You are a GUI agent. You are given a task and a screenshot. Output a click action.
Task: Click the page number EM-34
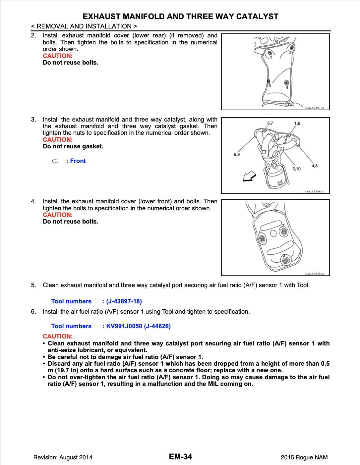[x=180, y=457]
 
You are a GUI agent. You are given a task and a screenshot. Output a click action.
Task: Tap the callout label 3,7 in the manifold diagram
[x=270, y=123]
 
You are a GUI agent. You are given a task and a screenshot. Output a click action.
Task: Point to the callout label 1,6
[x=297, y=123]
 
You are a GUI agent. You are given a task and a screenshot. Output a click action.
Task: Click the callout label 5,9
[x=237, y=154]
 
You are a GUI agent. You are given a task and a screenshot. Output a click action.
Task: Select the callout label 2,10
[x=296, y=169]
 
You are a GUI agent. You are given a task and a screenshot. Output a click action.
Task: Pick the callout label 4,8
[x=315, y=166]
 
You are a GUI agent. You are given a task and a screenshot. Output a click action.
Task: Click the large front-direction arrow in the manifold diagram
[x=249, y=177]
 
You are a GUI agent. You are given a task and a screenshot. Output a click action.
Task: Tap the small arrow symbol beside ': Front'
[x=55, y=161]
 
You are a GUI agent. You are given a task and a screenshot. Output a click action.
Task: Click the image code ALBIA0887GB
[x=314, y=108]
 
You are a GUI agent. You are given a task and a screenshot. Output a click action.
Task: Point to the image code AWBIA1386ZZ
[x=314, y=191]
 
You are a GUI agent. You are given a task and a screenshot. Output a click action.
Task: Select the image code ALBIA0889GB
[x=314, y=274]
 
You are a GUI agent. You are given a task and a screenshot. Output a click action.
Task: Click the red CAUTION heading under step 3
[x=57, y=140]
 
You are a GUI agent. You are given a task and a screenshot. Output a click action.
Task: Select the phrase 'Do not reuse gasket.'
[x=73, y=146]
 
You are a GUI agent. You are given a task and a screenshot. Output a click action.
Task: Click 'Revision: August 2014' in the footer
[x=63, y=458]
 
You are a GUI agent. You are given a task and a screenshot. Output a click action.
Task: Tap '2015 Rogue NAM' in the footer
[x=304, y=458]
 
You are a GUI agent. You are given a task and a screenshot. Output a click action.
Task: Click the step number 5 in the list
[x=33, y=285]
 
